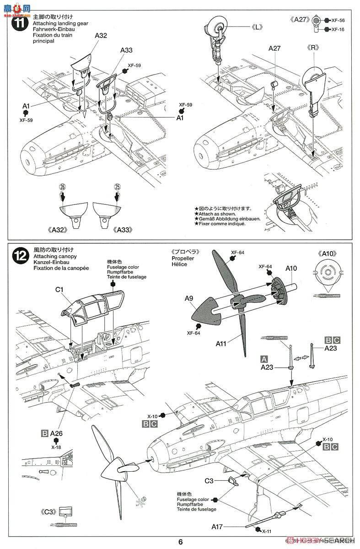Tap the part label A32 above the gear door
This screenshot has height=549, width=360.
click(x=101, y=35)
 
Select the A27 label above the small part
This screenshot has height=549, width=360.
click(x=274, y=48)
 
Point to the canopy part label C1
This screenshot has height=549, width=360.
click(x=60, y=289)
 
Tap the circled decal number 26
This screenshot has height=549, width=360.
click(x=62, y=187)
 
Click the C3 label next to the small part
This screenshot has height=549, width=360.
click(x=209, y=480)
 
